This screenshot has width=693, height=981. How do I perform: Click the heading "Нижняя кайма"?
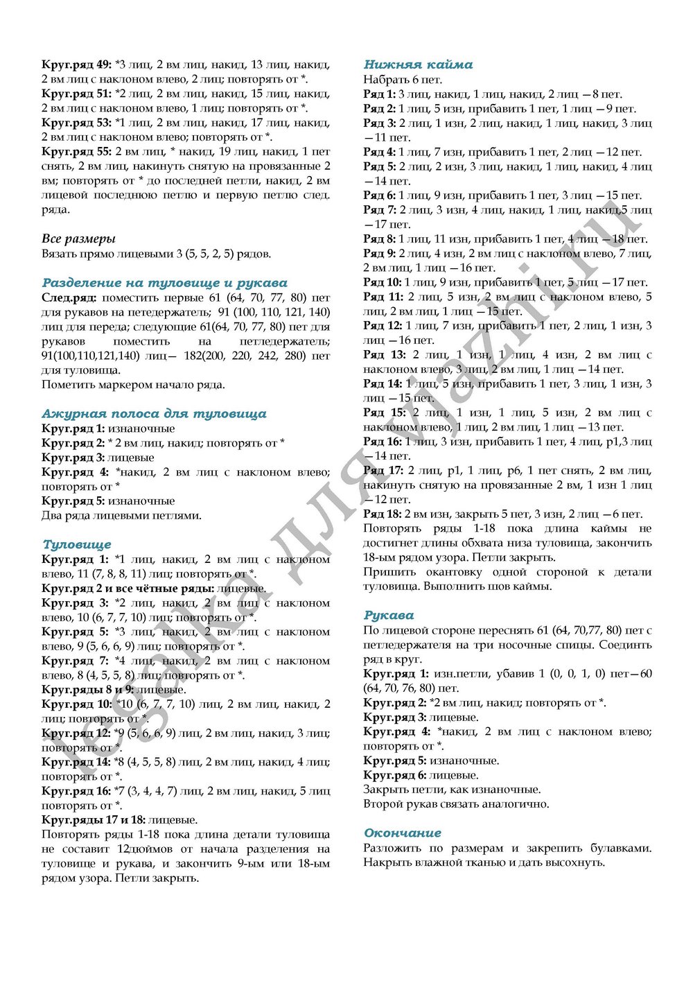click(x=418, y=64)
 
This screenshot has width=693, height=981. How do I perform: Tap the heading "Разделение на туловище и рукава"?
click(x=164, y=283)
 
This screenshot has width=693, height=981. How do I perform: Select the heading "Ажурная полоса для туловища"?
click(x=154, y=414)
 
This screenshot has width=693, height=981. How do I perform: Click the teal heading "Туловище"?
click(x=76, y=544)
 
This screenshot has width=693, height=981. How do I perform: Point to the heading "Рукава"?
click(x=388, y=615)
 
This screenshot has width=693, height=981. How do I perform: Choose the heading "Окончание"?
click(x=402, y=833)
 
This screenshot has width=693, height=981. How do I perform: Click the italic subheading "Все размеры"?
click(x=78, y=239)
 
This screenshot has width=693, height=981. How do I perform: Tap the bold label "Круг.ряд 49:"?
click(x=76, y=64)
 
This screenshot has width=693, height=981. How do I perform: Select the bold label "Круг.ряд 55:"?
click(x=76, y=151)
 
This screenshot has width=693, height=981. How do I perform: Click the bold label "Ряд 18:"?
click(x=382, y=514)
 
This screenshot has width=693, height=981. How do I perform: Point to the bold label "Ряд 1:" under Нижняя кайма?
click(x=379, y=94)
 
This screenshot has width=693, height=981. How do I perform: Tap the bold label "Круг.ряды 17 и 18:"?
click(x=94, y=819)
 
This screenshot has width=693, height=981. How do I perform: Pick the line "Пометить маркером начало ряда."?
click(x=133, y=385)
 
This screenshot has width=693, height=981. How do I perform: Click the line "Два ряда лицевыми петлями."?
click(x=121, y=515)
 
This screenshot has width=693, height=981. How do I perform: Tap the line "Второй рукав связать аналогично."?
click(x=455, y=804)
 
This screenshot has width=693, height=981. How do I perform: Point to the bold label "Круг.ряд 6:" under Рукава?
click(x=394, y=775)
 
